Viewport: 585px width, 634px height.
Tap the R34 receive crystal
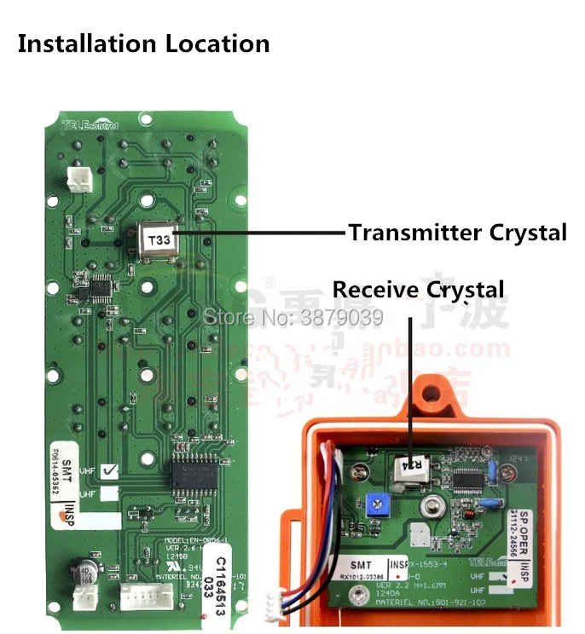point(412,464)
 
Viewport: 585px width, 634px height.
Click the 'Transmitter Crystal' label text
point(457,232)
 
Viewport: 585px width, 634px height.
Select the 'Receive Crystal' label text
point(418,290)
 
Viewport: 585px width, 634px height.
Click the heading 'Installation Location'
point(143,43)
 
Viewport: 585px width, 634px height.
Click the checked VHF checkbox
point(109,470)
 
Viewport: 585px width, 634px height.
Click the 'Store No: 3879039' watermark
point(292,317)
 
